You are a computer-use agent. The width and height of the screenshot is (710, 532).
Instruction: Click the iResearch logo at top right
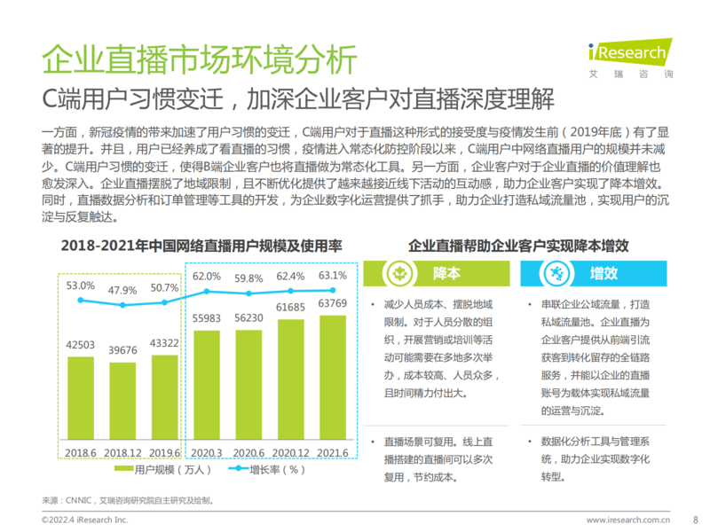628,55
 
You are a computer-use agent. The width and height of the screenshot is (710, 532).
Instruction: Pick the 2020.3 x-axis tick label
206,452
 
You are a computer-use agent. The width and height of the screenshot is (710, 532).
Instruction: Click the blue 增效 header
603,272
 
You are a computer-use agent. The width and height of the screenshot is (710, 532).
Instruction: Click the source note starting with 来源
129,501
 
